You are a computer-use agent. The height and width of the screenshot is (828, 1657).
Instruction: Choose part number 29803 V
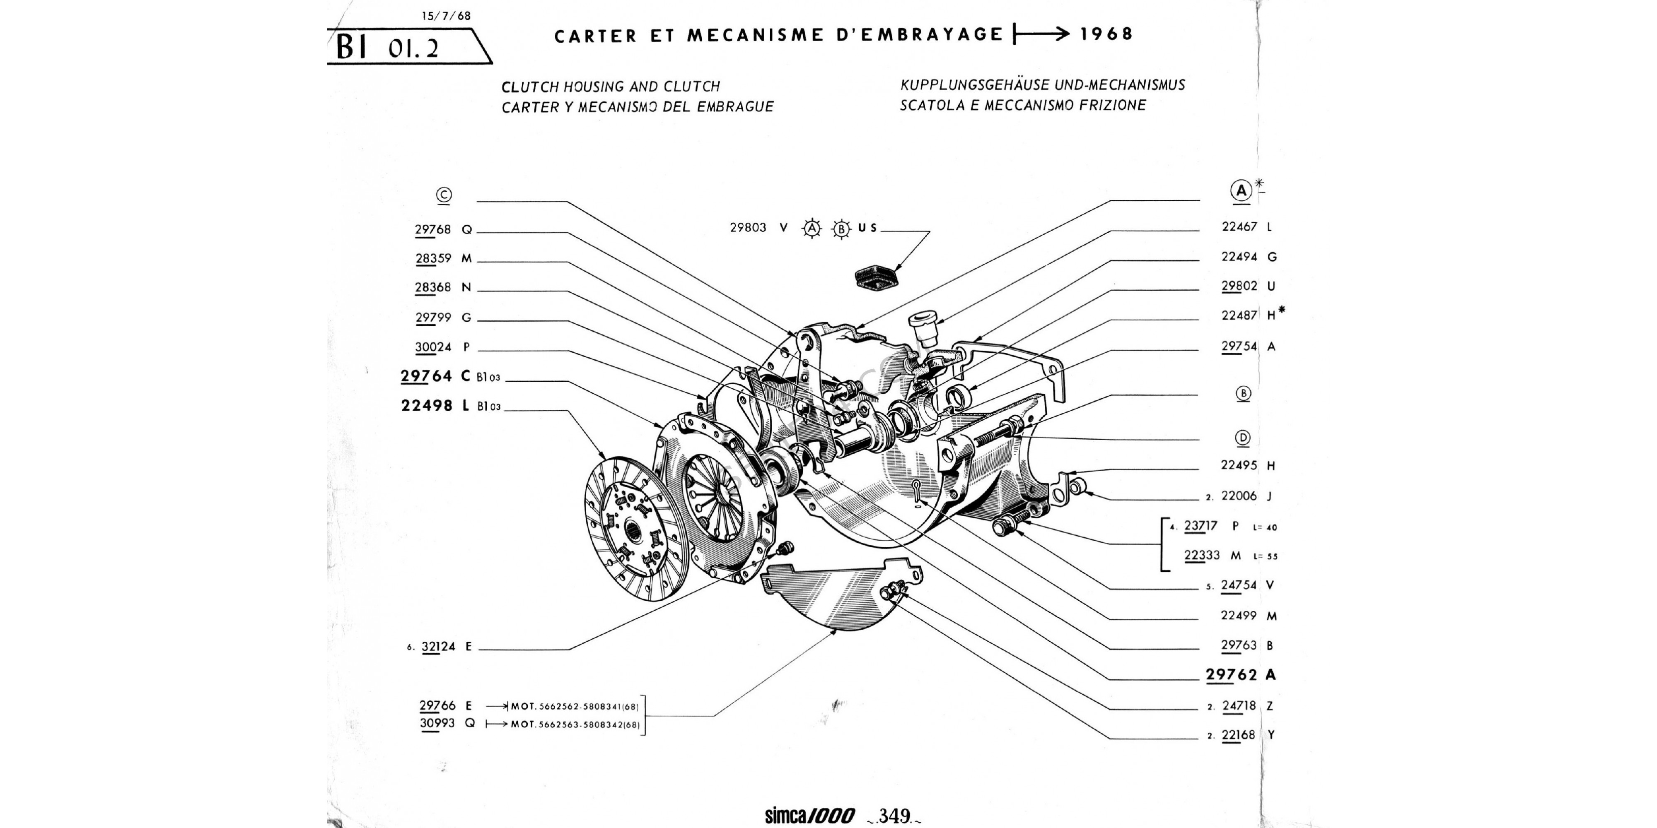pyautogui.click(x=758, y=228)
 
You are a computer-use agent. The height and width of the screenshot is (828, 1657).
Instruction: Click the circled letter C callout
pyautogui.click(x=444, y=195)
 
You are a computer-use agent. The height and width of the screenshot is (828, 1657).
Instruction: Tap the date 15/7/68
pyautogui.click(x=447, y=16)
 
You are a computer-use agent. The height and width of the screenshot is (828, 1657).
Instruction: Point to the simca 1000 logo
pyautogui.click(x=809, y=816)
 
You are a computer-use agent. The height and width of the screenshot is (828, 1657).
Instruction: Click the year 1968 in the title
pyautogui.click(x=1106, y=34)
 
